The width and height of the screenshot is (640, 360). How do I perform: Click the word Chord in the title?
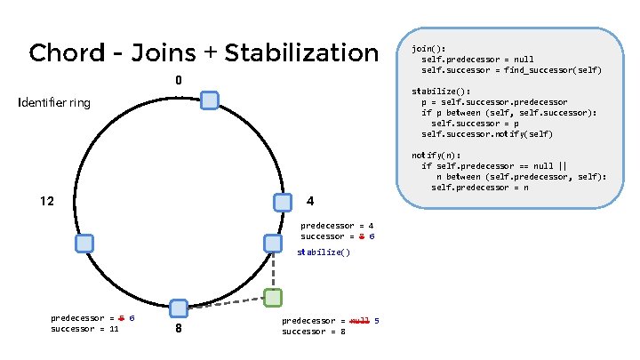65,52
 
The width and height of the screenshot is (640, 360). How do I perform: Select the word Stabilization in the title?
301,52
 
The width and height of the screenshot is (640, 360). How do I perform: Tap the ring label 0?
179,81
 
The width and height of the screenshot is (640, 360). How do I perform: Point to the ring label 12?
49,201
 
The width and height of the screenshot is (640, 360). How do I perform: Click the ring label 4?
310,201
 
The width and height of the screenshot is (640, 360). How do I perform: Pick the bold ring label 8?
179,329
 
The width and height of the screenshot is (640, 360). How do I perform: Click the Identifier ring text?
54,103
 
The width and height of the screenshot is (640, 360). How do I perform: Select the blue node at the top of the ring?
210,100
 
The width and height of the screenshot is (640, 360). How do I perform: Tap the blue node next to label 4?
283,203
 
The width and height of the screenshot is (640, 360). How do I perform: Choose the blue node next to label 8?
179,308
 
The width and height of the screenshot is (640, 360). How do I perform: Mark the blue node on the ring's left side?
84,243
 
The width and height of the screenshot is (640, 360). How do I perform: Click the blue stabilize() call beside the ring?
324,252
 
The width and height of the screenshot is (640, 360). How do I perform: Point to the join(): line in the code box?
429,48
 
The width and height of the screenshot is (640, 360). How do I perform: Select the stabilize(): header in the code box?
440,91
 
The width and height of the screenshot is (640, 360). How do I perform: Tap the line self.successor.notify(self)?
486,133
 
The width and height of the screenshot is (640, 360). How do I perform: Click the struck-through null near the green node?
359,320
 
